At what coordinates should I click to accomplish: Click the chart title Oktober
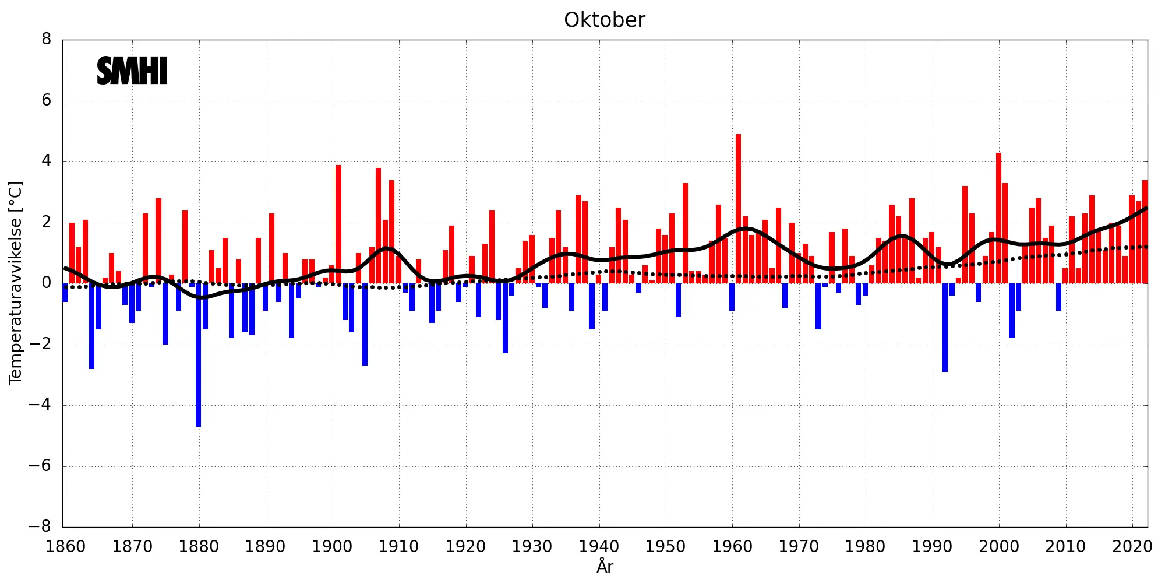point(604,20)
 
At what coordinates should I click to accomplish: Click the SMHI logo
point(132,71)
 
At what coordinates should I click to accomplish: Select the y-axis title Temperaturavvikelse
point(16,283)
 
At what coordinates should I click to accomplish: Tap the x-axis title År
point(605,566)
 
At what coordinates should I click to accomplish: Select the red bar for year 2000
point(998,218)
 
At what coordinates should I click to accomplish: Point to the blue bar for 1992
point(945,327)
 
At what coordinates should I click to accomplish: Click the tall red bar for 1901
point(338,224)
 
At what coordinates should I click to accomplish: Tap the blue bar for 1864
point(92,326)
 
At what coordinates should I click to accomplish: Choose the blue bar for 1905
point(365,324)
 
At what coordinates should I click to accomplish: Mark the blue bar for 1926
point(505,318)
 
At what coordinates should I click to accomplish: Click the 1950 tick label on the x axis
point(665,547)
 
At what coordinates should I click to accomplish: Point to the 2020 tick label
point(1132,547)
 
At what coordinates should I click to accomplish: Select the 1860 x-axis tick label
point(65,547)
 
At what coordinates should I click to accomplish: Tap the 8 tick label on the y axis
point(47,40)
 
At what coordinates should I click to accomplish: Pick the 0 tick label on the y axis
point(47,283)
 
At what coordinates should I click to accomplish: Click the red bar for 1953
point(685,233)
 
